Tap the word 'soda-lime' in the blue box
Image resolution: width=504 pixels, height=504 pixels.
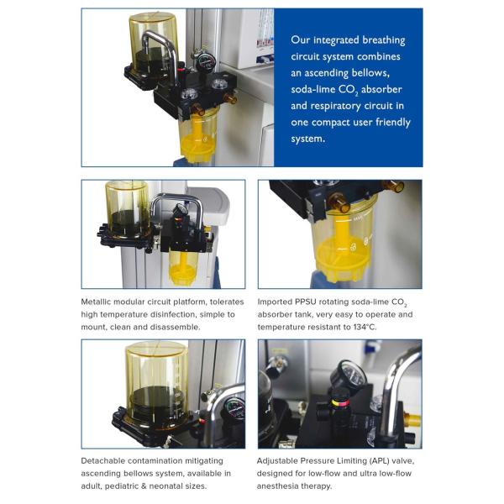tap(314, 89)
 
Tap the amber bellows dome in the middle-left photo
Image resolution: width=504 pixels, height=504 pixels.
tap(127, 207)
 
